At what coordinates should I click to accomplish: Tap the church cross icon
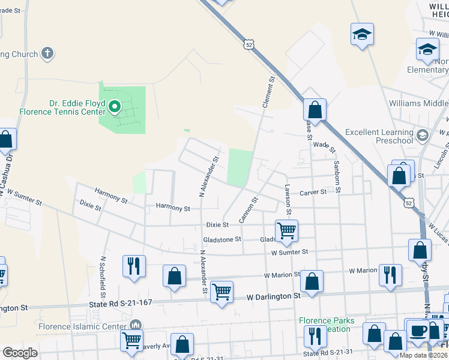coord(47,54)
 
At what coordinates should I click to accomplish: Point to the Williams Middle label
coord(418,103)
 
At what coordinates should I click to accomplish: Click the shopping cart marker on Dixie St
coord(286,229)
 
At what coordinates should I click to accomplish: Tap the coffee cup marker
coord(418,329)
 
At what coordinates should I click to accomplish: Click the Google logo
coord(20,353)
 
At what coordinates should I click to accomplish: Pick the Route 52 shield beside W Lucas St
coord(409,203)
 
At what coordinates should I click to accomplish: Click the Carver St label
coord(313,192)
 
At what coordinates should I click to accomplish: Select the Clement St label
coord(268,91)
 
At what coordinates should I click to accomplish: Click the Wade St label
coord(324,145)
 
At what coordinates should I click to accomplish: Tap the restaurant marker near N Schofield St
coord(133,266)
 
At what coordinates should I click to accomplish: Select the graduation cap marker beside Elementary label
coord(427,49)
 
